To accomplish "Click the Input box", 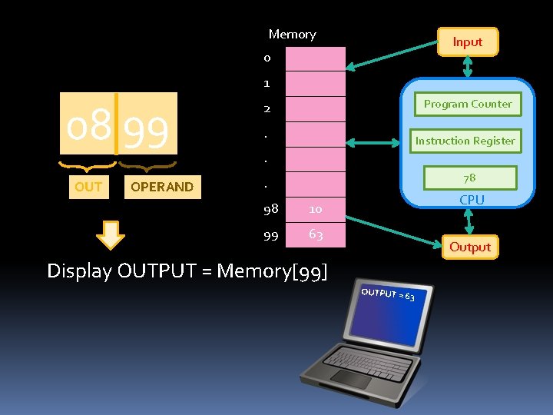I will click(x=467, y=42).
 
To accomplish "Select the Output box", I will click(x=469, y=247).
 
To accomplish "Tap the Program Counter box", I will click(x=468, y=104).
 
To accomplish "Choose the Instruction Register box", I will click(x=465, y=141).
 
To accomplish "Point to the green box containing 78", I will click(x=469, y=178).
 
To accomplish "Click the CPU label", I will click(x=472, y=200).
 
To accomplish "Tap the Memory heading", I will click(x=292, y=35).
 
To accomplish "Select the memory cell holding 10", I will click(x=316, y=208).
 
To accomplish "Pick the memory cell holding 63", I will click(x=316, y=234).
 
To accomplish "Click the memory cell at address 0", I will click(x=316, y=58).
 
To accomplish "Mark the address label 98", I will click(x=270, y=209).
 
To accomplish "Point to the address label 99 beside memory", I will click(x=270, y=236).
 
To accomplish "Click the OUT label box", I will click(x=88, y=187).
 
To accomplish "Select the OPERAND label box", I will click(x=162, y=187).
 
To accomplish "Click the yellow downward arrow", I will click(x=112, y=235).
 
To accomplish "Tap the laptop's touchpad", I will click(x=350, y=378).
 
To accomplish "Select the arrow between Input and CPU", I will click(x=467, y=67).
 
